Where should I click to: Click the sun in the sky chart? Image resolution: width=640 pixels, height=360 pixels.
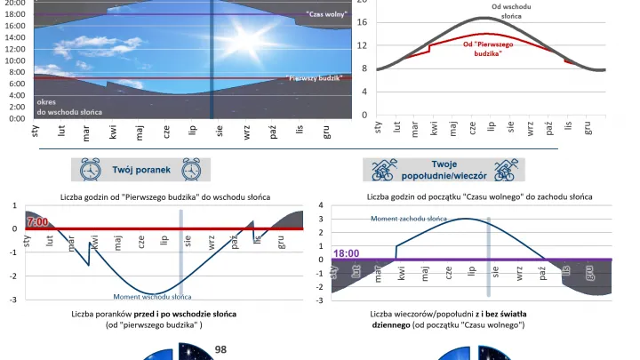coord(243,38)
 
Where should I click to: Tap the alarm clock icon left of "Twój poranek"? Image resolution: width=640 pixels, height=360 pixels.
coord(90,169)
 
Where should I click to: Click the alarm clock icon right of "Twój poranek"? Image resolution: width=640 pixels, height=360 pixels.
coord(193,169)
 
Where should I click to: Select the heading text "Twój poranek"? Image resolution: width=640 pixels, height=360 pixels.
coord(141,169)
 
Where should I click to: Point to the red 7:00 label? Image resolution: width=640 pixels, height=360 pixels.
coord(37,221)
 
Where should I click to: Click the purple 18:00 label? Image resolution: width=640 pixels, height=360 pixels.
coord(347,253)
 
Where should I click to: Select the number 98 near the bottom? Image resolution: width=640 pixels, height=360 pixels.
coord(221,349)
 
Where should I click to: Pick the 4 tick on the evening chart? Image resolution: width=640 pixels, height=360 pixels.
coord(321,205)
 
